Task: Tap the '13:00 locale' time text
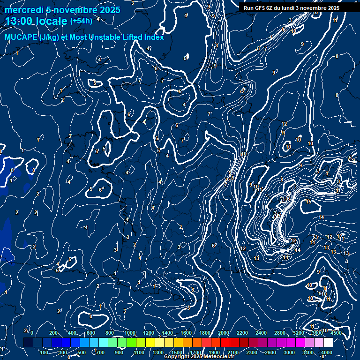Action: [36, 21]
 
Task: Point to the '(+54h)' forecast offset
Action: [81, 21]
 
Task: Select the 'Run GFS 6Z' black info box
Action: [292, 8]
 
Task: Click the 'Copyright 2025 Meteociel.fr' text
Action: [199, 357]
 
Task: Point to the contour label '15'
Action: [308, 202]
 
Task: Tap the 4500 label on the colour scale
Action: [336, 333]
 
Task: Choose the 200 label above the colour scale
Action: [53, 333]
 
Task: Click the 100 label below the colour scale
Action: [44, 352]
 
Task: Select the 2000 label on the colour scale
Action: [223, 333]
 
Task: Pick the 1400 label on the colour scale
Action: [167, 333]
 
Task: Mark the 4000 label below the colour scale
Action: [327, 352]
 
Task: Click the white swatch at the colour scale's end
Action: [328, 343]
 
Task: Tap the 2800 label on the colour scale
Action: [280, 333]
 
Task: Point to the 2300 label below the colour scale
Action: [251, 352]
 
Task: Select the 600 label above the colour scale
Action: [90, 333]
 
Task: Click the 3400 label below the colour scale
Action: [308, 352]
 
